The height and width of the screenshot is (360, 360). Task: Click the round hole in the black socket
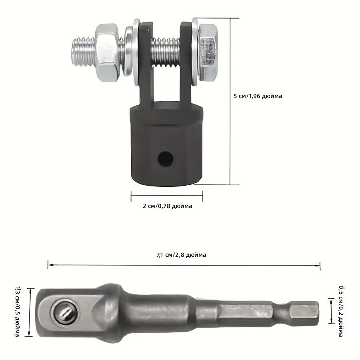click(x=165, y=159)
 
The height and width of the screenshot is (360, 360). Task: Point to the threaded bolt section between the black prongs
click(x=165, y=52)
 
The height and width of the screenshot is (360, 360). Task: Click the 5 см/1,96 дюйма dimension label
click(x=258, y=96)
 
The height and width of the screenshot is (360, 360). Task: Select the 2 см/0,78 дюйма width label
click(x=167, y=206)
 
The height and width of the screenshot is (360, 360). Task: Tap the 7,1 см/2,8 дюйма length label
click(x=181, y=255)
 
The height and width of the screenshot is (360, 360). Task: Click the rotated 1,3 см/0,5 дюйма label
click(x=17, y=312)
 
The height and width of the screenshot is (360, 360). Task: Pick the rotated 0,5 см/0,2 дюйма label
click(x=341, y=311)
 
